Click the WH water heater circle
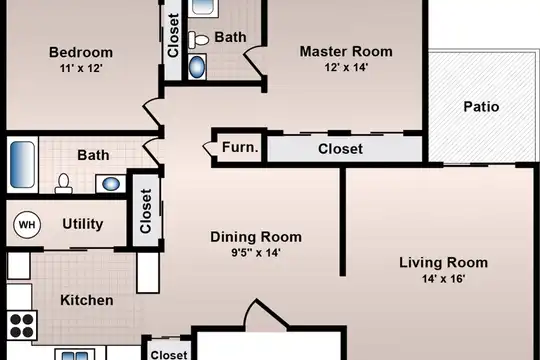pos(27,225)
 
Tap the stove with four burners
pos(22,325)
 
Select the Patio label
pos(481,107)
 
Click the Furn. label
pos(240,147)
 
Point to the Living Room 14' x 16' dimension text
pos(444,278)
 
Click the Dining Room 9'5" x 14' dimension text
pos(256,253)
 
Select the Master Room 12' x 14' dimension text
pos(346,67)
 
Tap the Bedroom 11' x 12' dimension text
pos(81,68)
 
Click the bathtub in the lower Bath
pos(22,165)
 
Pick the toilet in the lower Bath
pos(63,183)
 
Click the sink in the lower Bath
pos(111,184)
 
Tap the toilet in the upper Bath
pos(199,40)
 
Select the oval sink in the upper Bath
pos(197,67)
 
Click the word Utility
pos(83,224)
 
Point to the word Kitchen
pos(87,300)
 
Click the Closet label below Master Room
pos(340,149)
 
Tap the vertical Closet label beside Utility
pos(146,211)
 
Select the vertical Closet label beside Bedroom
pos(173,35)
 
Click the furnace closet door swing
pos(209,148)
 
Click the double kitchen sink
pos(75,355)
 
